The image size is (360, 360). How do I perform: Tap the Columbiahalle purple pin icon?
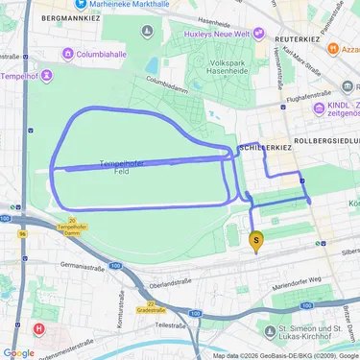coord(68,55)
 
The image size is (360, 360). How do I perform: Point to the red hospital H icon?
coord(38,328)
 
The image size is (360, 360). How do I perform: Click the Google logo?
coord(18,351)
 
